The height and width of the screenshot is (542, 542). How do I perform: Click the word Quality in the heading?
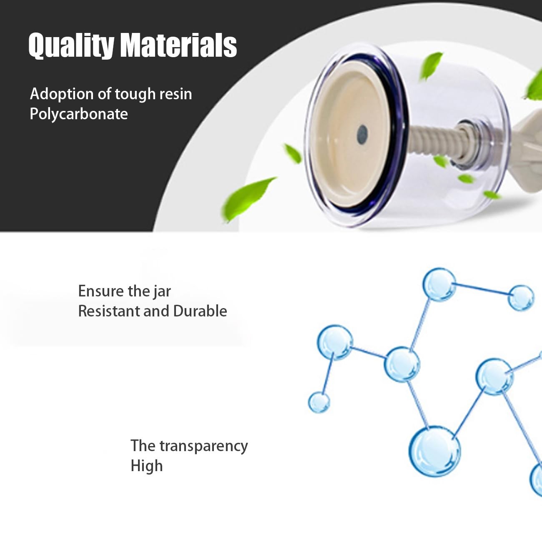(x=71, y=45)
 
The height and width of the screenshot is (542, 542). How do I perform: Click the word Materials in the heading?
(x=178, y=45)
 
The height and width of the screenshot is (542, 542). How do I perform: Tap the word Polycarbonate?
(x=79, y=114)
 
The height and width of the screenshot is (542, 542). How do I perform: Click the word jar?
(x=162, y=291)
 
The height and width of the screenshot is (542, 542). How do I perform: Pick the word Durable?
(x=200, y=311)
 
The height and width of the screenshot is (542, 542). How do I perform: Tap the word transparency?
(x=203, y=447)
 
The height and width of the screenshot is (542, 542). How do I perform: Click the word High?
(x=146, y=466)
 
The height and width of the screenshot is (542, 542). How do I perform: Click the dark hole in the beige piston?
(x=362, y=135)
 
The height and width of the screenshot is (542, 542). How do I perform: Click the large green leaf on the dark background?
(x=248, y=198)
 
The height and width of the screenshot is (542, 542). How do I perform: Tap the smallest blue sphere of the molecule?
(x=319, y=402)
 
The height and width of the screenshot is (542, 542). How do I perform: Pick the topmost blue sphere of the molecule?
(x=439, y=284)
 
